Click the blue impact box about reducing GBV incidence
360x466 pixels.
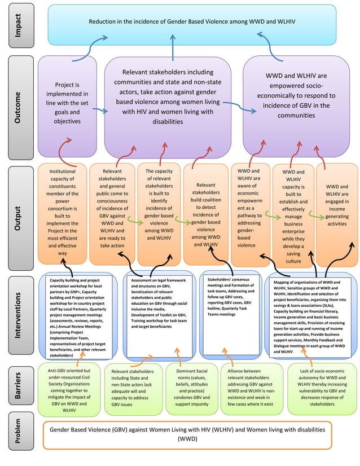192,22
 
